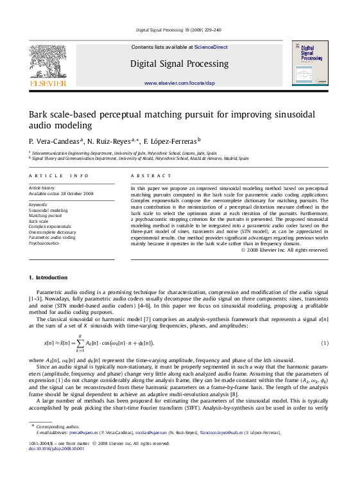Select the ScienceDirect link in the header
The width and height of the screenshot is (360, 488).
click(211, 47)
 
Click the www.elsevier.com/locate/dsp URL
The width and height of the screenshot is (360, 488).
click(180, 83)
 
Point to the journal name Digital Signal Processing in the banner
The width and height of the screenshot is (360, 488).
click(179, 64)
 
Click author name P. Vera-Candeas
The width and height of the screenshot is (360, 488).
click(55, 140)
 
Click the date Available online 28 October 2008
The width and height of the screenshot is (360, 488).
click(61, 193)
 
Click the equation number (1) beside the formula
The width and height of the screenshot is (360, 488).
click(325, 344)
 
